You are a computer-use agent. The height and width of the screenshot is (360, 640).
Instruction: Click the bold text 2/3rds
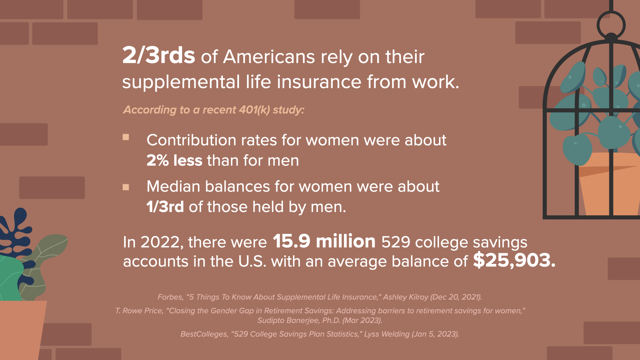[x=159, y=55]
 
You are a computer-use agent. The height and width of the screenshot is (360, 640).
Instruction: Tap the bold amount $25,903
[x=514, y=260]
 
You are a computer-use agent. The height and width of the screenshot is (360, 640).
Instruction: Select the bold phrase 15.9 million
[x=324, y=241]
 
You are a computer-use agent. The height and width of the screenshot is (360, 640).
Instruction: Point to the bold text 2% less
[x=174, y=160]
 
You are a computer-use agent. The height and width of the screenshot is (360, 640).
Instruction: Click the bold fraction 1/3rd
[x=165, y=207]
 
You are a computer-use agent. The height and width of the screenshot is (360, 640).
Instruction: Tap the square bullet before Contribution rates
[x=126, y=137]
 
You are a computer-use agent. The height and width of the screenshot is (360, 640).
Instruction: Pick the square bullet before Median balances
[x=126, y=187]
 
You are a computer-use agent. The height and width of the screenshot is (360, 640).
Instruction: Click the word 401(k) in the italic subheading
[x=254, y=110]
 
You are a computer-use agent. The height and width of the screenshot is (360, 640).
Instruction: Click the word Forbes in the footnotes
[x=170, y=297]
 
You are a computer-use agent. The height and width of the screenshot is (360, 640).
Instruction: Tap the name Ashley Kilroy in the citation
[x=406, y=297]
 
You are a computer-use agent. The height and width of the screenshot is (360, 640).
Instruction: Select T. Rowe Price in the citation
[x=139, y=311]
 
